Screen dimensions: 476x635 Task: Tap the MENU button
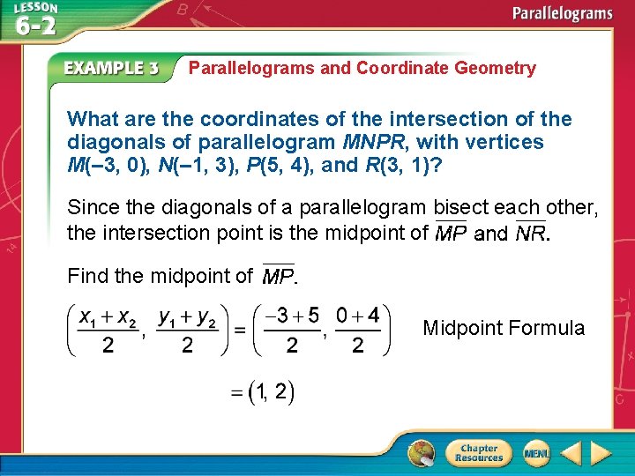[x=535, y=453]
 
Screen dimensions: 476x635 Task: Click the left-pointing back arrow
[x=571, y=453]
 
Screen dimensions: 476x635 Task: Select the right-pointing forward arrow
[x=601, y=453]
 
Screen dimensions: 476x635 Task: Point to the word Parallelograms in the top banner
[x=563, y=13]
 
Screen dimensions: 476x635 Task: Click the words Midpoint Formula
[x=504, y=328]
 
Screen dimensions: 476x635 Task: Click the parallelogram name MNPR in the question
[x=370, y=142]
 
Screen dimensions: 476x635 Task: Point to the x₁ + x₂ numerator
[x=108, y=316]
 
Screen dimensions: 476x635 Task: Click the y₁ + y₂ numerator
[x=187, y=316]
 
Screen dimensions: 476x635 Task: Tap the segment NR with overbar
[x=531, y=234]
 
